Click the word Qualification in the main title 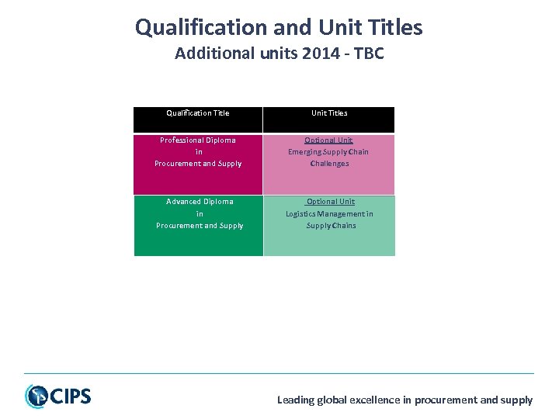(x=200, y=28)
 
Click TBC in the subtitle (x=368, y=54)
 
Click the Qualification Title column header (x=198, y=113)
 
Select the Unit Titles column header (x=329, y=113)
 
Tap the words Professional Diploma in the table (x=198, y=140)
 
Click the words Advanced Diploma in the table (x=200, y=202)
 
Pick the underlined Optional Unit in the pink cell (x=329, y=140)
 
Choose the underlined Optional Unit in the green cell (x=330, y=202)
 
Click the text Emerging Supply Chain (x=328, y=152)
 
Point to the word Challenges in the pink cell (x=329, y=164)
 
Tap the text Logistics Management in (x=329, y=214)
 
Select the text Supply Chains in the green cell (x=331, y=226)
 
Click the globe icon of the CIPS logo (x=36, y=396)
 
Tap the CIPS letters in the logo (x=71, y=396)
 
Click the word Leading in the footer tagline (x=295, y=400)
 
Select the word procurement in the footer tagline (x=446, y=400)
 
